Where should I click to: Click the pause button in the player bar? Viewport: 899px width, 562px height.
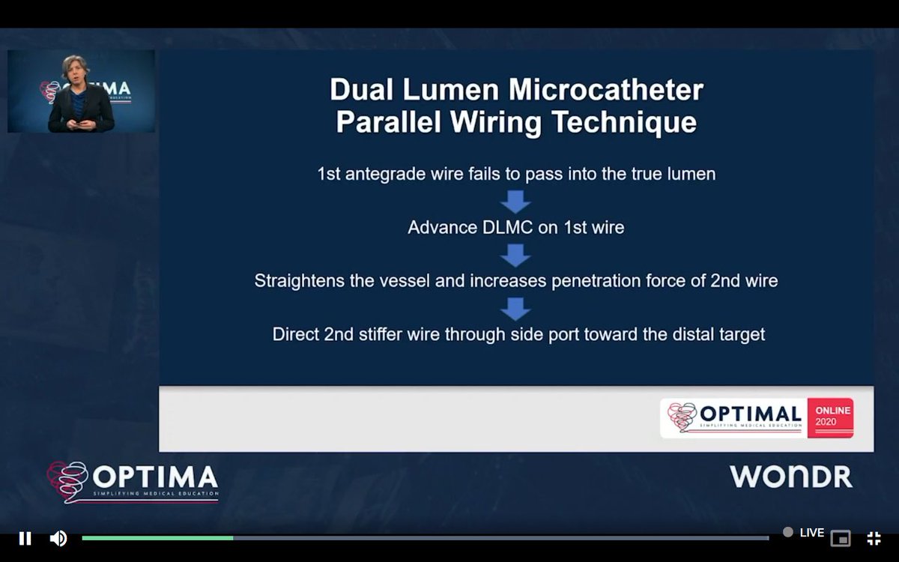click(25, 538)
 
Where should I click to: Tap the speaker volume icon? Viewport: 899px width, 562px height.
click(58, 538)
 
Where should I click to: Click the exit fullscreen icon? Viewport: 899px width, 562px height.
click(874, 538)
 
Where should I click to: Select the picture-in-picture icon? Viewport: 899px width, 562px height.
click(841, 538)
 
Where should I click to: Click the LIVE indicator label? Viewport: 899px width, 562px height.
click(811, 533)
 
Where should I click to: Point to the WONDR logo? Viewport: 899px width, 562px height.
click(791, 477)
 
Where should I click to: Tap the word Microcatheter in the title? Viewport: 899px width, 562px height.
click(606, 90)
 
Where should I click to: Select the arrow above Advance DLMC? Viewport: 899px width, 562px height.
click(515, 202)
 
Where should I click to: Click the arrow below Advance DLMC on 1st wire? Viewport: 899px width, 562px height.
click(515, 255)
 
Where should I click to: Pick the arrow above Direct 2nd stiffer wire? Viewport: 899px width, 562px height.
click(515, 308)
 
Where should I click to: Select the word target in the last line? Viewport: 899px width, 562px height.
click(741, 334)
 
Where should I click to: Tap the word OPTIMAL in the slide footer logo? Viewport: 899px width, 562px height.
click(750, 414)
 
